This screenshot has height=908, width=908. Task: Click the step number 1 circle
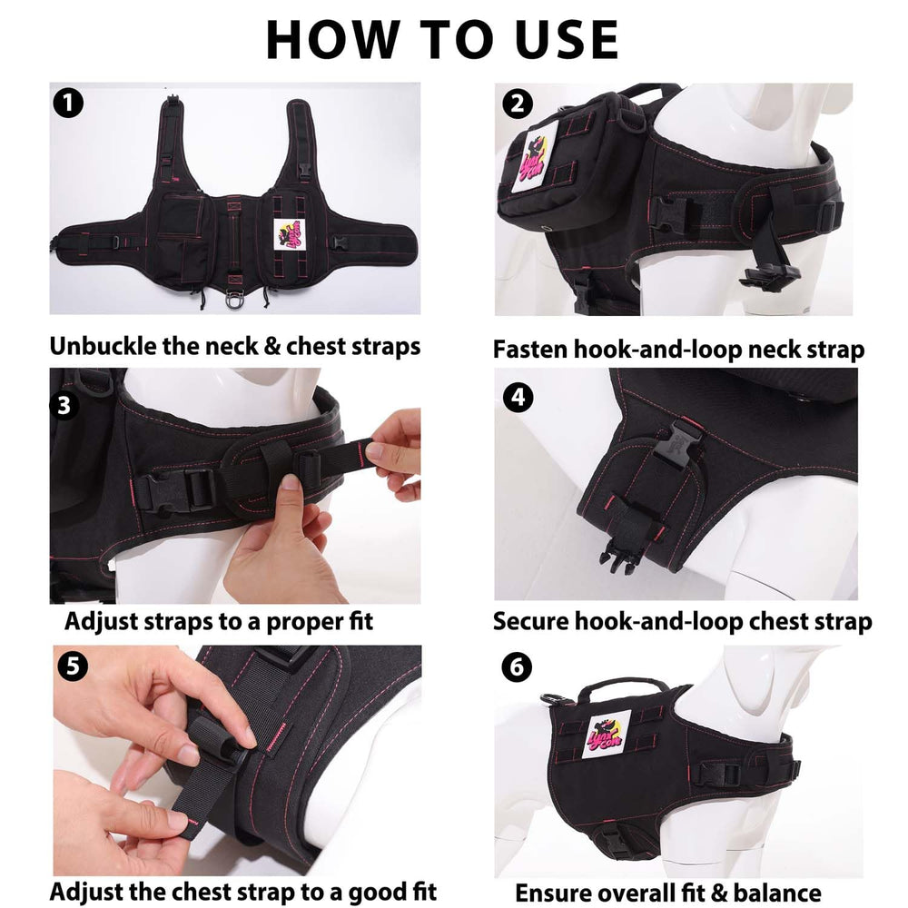coord(68,103)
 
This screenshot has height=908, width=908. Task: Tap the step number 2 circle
coord(518,104)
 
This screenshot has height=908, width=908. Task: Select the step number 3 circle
coord(64,405)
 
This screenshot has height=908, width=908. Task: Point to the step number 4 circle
coord(518,398)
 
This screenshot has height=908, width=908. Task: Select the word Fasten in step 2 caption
coord(529,350)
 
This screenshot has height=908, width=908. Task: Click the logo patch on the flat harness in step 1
coord(289,234)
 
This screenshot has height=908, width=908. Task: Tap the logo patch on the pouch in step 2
coord(535,156)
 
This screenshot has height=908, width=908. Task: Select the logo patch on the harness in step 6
coord(607,736)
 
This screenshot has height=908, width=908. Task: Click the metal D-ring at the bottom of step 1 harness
coord(234,300)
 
